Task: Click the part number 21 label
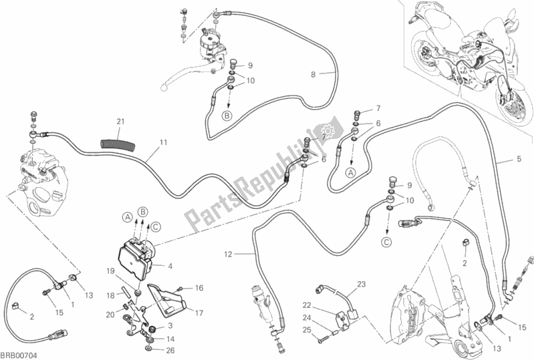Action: pos(120,121)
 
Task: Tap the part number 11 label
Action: pos(162,142)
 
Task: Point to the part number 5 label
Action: pos(519,158)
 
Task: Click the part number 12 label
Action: pos(228,254)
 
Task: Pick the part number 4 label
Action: pos(170,266)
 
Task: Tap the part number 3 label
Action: pos(170,325)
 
